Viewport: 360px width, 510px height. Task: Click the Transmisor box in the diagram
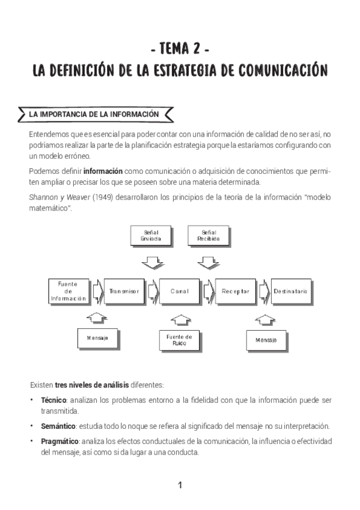[124, 291]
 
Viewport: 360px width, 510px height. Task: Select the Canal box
[180, 291]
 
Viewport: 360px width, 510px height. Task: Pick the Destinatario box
[290, 291]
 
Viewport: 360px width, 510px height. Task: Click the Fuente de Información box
[69, 291]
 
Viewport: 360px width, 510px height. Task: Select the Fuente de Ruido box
[180, 340]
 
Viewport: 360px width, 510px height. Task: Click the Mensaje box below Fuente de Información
[97, 338]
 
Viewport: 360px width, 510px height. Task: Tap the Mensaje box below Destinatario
[266, 340]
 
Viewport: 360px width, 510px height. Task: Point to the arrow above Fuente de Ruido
[180, 318]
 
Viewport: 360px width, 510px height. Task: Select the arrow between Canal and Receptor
[209, 291]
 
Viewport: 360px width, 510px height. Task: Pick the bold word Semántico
[56, 426]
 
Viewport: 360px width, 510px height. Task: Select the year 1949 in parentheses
[84, 198]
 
